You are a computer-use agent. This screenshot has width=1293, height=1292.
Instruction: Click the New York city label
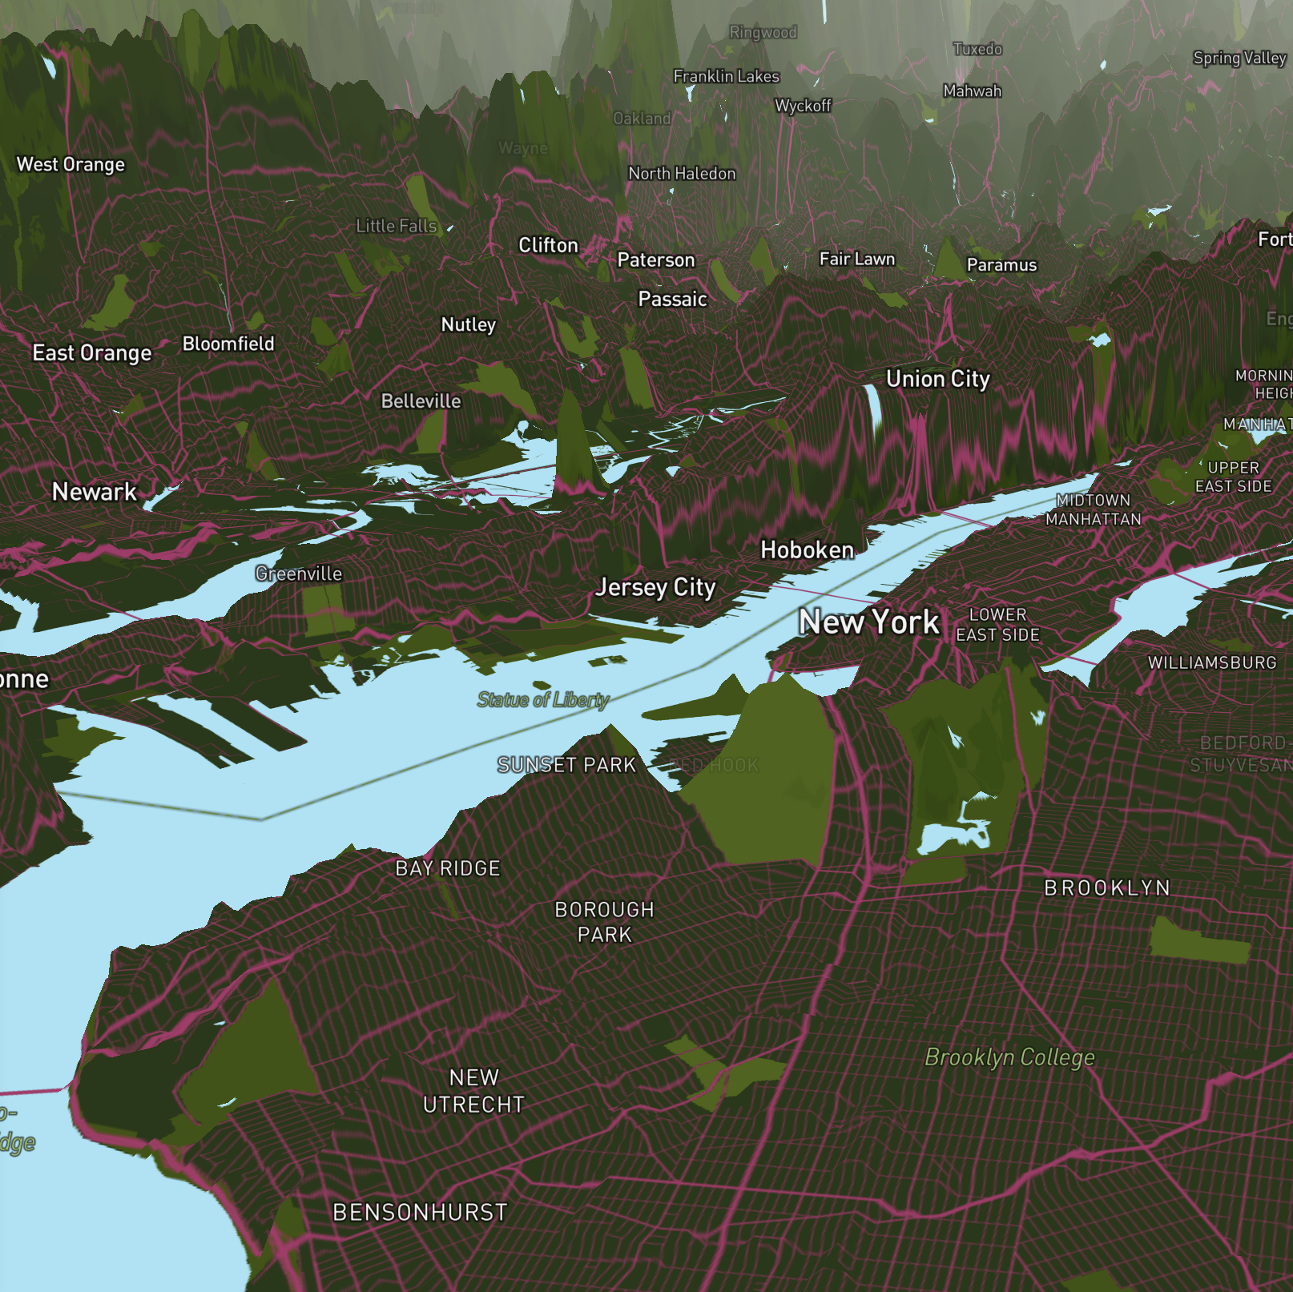[868, 622]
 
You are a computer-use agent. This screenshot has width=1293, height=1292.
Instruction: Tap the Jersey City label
[655, 588]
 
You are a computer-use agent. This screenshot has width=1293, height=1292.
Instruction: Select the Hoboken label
[807, 550]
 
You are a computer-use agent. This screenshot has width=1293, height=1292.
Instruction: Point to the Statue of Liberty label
[543, 700]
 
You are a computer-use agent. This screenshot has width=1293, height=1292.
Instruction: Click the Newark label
[95, 492]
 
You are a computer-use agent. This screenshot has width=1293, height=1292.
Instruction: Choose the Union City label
[937, 379]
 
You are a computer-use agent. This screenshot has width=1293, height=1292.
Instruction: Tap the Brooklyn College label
[1009, 1057]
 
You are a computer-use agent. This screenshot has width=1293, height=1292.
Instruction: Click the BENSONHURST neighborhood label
[420, 1212]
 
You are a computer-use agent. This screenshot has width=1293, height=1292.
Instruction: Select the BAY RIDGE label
[448, 868]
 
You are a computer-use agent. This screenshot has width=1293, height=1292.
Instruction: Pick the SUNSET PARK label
[566, 765]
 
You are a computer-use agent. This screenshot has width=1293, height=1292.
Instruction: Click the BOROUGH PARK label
[604, 922]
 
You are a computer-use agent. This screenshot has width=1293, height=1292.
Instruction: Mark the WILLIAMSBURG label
[1211, 663]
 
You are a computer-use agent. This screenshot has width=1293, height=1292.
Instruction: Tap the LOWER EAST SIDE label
[997, 625]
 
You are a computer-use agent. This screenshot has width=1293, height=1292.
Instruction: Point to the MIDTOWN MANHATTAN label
[1093, 509]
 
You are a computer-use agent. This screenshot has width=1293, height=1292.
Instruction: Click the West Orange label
[70, 164]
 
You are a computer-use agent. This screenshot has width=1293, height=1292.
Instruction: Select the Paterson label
[655, 260]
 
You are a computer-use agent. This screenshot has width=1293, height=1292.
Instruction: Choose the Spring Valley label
[1239, 58]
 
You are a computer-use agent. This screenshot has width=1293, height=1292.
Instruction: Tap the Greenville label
[298, 574]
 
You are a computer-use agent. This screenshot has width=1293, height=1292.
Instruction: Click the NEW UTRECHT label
[473, 1091]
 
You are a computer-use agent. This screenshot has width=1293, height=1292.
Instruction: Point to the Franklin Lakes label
[726, 76]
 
